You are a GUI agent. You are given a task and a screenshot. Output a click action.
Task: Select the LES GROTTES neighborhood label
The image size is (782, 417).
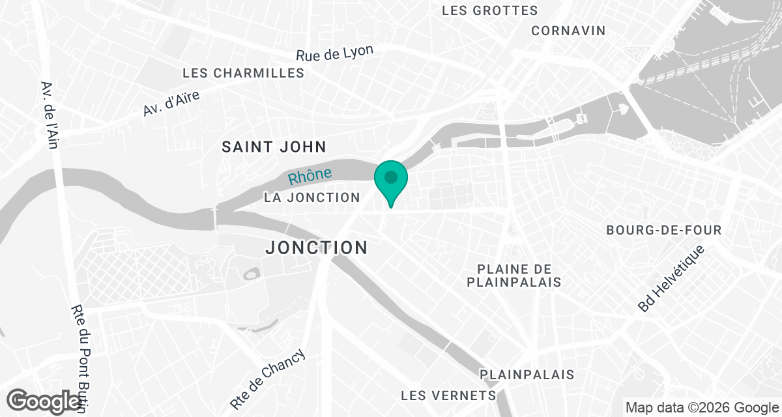click(x=489, y=10)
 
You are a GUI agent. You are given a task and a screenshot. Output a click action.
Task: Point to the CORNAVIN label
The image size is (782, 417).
click(x=568, y=31)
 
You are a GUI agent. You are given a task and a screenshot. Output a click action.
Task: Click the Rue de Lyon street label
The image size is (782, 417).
click(x=334, y=53)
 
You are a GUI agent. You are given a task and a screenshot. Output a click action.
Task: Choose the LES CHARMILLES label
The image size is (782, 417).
click(x=244, y=73)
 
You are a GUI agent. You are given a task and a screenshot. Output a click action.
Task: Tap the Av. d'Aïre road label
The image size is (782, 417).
click(x=171, y=104)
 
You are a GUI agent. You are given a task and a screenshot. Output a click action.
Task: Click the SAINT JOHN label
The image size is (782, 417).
click(x=274, y=147)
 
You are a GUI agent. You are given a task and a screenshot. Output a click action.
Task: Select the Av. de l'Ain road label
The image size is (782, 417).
click(x=50, y=115)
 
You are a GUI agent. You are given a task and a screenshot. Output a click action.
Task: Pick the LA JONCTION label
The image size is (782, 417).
click(x=312, y=197)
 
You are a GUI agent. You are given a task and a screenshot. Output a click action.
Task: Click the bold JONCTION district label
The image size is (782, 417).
click(x=317, y=248)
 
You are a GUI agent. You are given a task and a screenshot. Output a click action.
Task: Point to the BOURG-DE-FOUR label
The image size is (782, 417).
click(x=663, y=231)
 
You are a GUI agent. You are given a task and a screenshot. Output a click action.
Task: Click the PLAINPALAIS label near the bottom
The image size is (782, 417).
click(x=527, y=375)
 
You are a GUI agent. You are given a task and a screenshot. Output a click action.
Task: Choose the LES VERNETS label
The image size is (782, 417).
click(x=448, y=395)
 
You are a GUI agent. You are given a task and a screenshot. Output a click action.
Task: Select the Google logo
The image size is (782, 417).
click(x=44, y=400)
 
